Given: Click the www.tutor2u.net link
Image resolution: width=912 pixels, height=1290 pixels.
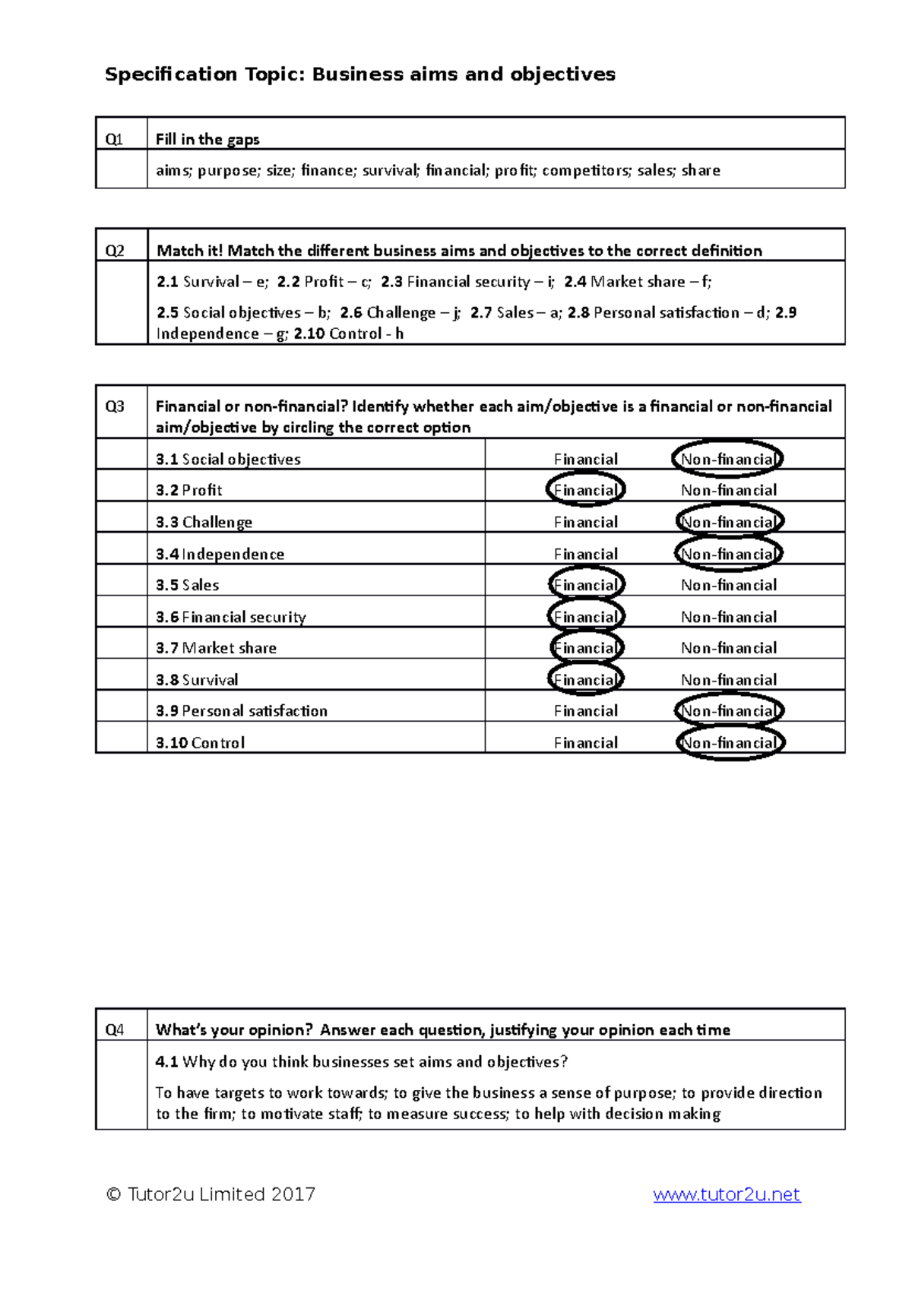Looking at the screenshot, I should pyautogui.click(x=726, y=1194).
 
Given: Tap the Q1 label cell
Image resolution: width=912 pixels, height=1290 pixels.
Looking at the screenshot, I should pyautogui.click(x=114, y=140).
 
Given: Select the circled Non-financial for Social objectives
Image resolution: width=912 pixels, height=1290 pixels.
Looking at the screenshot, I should pyautogui.click(x=727, y=459).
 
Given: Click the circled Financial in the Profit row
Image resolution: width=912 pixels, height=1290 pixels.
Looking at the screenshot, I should pyautogui.click(x=585, y=490).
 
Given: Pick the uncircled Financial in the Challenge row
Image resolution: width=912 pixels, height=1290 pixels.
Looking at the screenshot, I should pyautogui.click(x=585, y=522).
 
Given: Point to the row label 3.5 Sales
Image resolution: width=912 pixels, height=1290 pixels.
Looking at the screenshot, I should pyautogui.click(x=188, y=585).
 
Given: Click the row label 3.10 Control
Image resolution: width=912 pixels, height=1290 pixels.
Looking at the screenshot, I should pyautogui.click(x=201, y=743).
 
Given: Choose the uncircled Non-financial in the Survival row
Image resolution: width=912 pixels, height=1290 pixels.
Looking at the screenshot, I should pyautogui.click(x=728, y=680).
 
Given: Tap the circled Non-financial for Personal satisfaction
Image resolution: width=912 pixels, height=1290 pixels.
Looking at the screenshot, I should pyautogui.click(x=728, y=711).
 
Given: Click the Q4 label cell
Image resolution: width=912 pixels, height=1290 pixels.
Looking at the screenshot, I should pyautogui.click(x=114, y=1030).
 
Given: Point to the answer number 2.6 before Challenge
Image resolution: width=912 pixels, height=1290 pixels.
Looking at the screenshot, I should pyautogui.click(x=351, y=313).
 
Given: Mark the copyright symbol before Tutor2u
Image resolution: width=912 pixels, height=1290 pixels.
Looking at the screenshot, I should pyautogui.click(x=114, y=1194).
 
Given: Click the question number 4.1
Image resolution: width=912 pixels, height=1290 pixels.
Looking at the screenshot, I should pyautogui.click(x=166, y=1062).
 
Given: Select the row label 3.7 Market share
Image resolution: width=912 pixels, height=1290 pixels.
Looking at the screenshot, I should pyautogui.click(x=217, y=648).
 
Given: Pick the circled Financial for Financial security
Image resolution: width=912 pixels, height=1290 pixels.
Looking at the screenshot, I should pyautogui.click(x=585, y=617).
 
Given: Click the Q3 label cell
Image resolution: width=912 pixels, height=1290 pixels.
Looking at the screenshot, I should pyautogui.click(x=114, y=406).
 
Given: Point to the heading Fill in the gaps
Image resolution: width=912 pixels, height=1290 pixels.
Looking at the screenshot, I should pyautogui.click(x=207, y=140).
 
